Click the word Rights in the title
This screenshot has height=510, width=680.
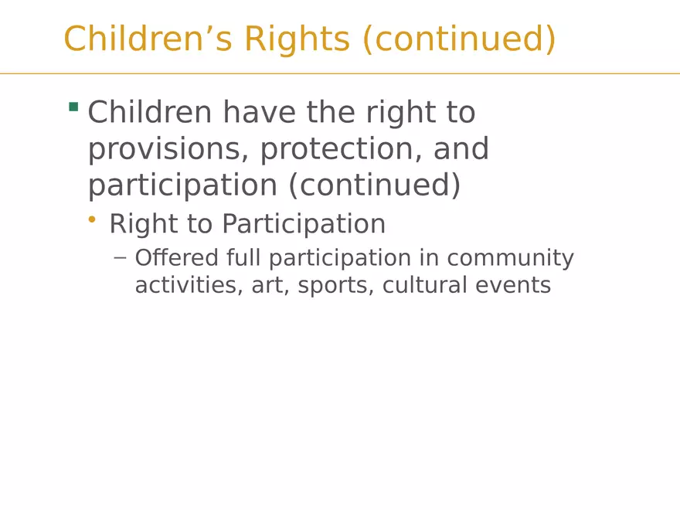297,39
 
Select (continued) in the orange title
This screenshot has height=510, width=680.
459,39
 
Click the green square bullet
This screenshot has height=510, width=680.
73,107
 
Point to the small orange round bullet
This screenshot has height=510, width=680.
91,220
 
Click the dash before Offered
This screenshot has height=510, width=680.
120,258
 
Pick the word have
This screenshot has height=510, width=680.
260,112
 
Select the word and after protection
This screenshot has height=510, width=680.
461,148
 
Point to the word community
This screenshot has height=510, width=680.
511,258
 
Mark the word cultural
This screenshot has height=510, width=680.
424,285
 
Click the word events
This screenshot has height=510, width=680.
513,286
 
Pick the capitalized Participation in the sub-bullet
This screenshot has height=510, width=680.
304,224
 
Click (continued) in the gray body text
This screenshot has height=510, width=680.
374,185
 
